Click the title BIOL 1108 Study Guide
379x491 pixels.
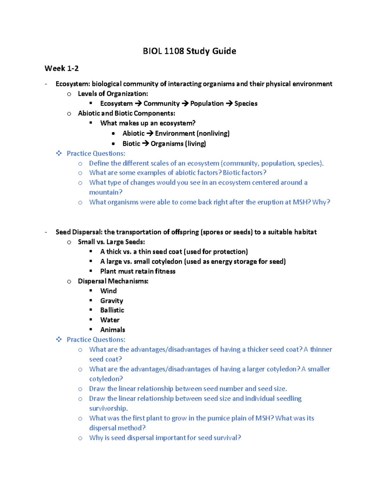tap(189, 51)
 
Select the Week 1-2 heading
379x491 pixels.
tap(62, 68)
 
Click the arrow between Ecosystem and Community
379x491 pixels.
tap(138, 104)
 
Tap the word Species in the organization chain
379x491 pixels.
tap(246, 104)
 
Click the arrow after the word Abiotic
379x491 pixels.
tap(150, 133)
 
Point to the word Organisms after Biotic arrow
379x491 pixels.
tap(167, 144)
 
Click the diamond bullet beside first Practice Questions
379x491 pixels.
tap(59, 154)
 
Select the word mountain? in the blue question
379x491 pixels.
tap(105, 192)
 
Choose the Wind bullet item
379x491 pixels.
tap(108, 291)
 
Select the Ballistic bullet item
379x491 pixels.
tap(112, 310)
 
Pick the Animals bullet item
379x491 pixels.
tap(112, 330)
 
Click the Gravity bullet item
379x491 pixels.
tap(111, 301)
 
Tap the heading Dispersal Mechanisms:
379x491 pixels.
tap(113, 281)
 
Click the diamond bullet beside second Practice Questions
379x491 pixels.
tap(59, 340)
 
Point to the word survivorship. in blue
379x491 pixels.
tap(108, 408)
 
